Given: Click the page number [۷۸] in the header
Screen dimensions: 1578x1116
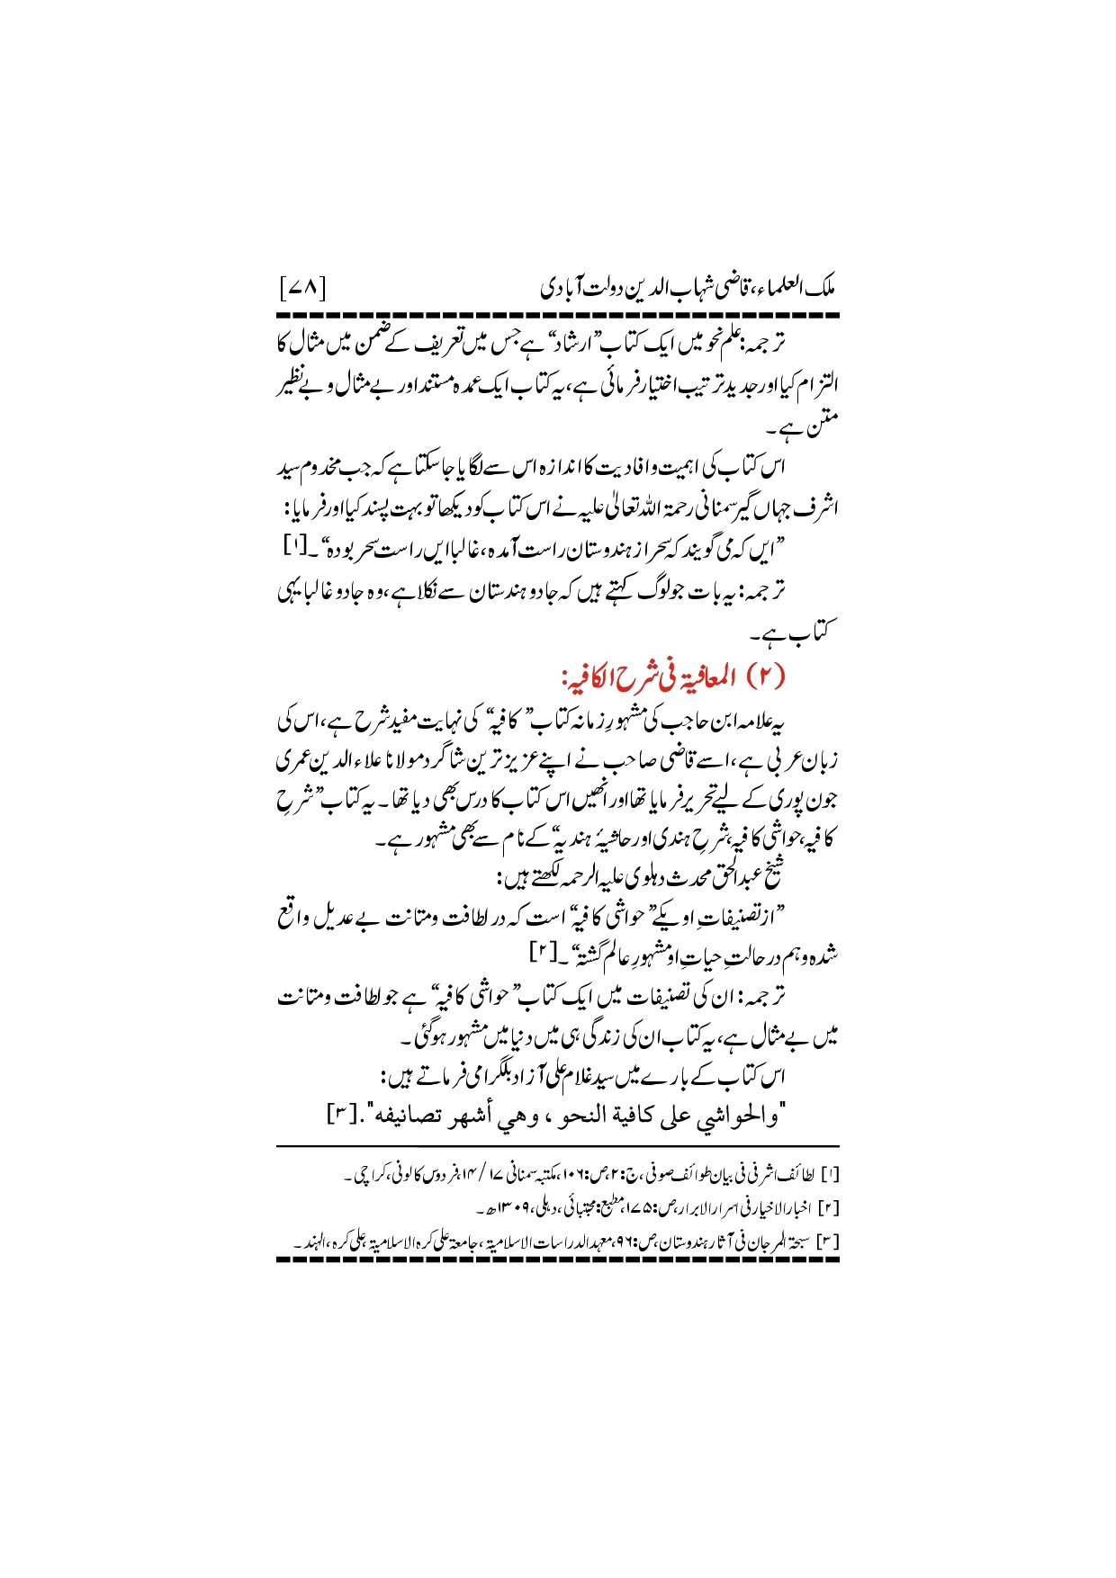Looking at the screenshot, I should click(x=302, y=291).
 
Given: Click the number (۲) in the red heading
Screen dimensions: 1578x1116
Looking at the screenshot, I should click(x=768, y=676).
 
